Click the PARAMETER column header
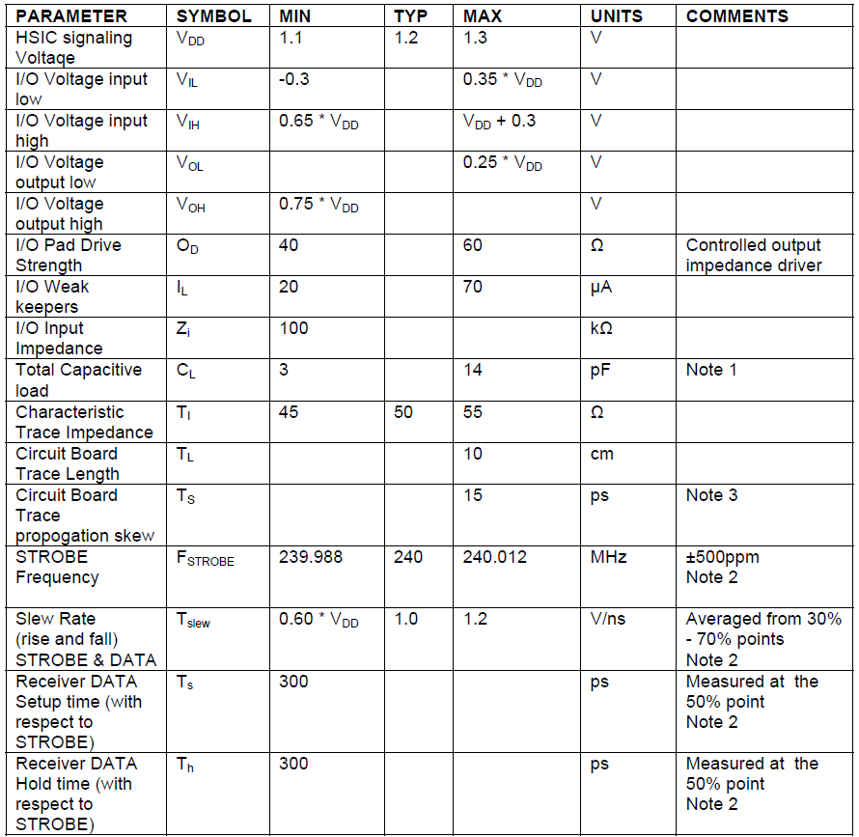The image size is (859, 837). point(71,16)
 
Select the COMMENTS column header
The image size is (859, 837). point(736,16)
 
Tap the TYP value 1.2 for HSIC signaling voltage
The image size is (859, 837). point(406,38)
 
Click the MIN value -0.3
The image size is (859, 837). point(294,79)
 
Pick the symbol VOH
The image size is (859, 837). point(189,205)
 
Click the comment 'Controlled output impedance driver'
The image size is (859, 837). point(753,255)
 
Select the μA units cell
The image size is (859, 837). point(603,287)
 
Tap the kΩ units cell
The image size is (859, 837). point(603,328)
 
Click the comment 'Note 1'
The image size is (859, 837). point(710,370)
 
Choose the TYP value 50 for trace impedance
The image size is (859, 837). point(403,412)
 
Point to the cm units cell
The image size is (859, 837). point(601,454)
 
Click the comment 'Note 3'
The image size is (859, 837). point(710,495)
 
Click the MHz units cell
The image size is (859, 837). point(608,557)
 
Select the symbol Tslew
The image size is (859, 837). point(192,621)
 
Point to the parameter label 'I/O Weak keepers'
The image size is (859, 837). point(53,296)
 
